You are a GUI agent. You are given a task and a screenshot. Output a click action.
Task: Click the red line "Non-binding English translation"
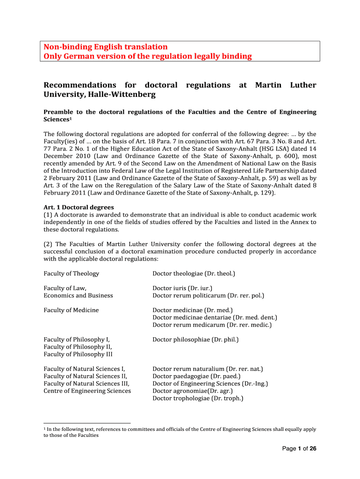click(105, 47)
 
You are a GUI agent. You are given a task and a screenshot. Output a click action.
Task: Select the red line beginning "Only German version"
click(147, 56)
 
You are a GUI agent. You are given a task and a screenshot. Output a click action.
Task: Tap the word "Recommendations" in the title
click(79, 85)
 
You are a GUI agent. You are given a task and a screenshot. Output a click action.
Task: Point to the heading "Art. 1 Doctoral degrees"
click(79, 207)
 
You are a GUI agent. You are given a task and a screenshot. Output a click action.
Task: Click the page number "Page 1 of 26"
click(299, 449)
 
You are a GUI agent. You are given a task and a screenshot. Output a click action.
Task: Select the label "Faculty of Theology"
click(71, 274)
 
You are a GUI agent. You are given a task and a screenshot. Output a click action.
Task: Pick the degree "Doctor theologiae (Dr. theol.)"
click(194, 274)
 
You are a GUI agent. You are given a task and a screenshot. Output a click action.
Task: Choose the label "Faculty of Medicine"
click(71, 310)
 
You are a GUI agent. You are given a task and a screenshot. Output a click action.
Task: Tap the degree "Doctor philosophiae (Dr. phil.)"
click(195, 340)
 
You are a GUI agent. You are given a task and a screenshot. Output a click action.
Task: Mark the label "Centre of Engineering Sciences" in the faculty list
click(87, 391)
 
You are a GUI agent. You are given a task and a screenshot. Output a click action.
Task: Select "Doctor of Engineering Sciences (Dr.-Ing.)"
click(210, 384)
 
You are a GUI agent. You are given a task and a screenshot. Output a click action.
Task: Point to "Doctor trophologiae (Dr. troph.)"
click(198, 399)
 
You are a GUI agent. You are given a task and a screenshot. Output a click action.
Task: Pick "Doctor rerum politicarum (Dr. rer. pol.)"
click(208, 296)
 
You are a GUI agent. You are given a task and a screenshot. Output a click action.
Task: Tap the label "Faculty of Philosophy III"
click(78, 354)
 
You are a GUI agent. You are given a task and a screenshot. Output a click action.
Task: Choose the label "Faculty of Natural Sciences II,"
click(86, 376)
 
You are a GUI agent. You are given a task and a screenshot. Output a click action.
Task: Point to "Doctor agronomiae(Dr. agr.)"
click(193, 391)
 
